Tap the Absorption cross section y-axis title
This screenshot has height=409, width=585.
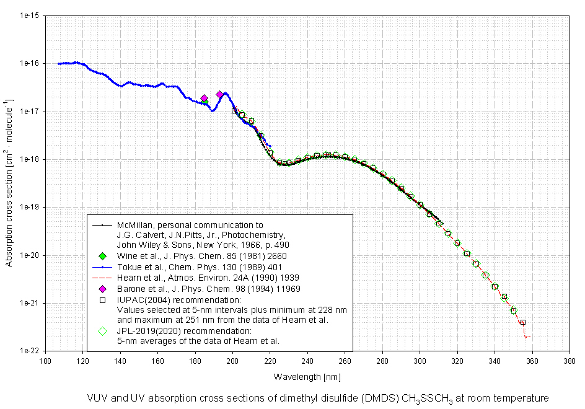[x=9, y=183]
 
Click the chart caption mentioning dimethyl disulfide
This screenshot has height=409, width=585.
[x=319, y=397]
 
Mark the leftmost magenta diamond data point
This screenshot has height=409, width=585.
[x=204, y=99]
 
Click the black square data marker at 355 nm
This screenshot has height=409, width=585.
[x=523, y=322]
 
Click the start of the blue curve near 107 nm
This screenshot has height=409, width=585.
[x=59, y=64]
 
